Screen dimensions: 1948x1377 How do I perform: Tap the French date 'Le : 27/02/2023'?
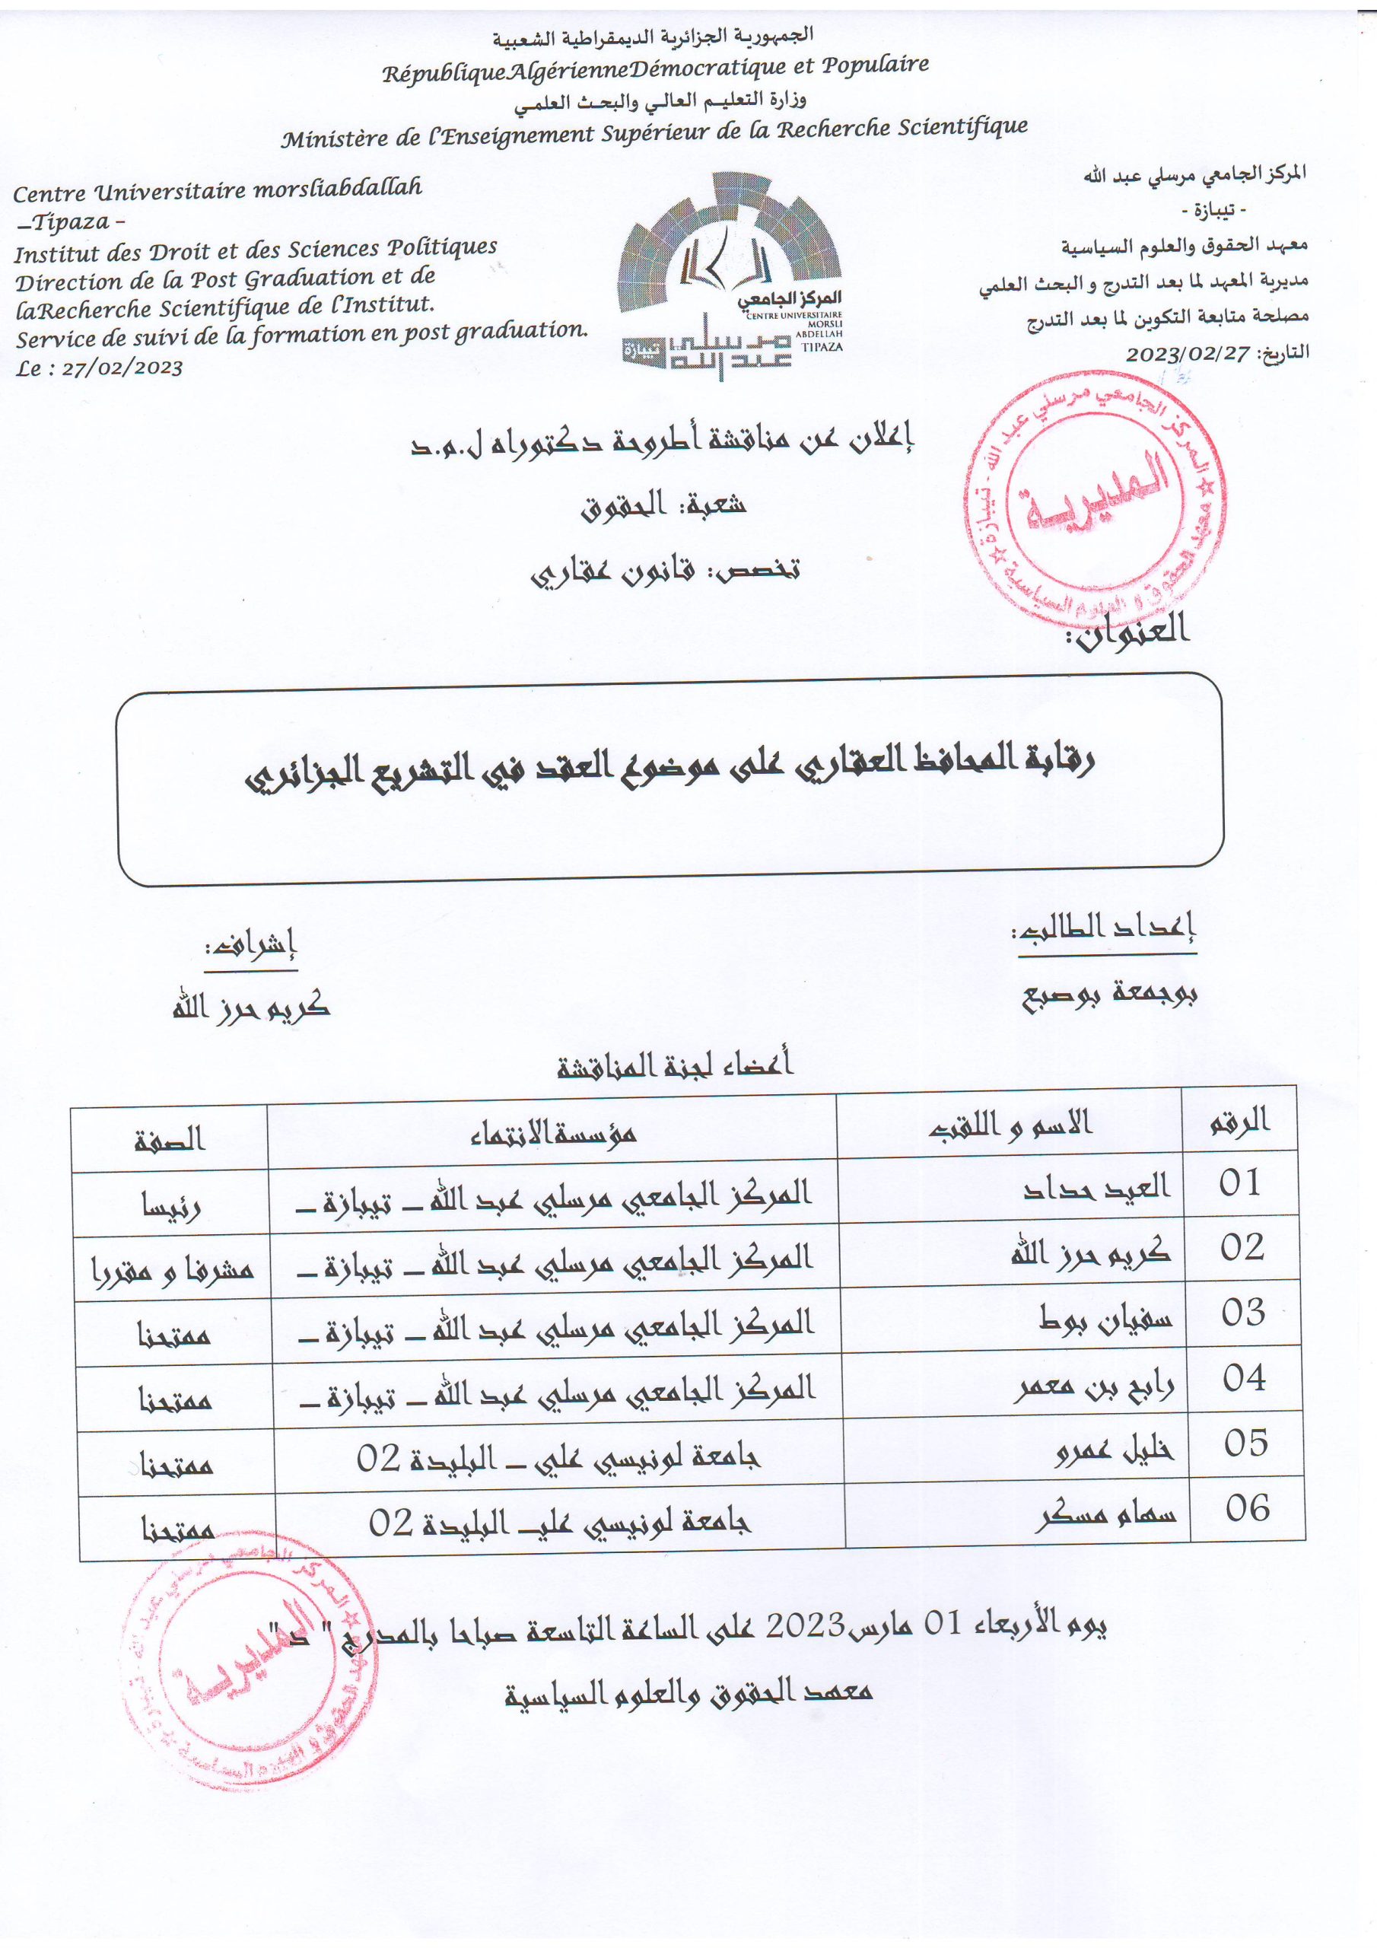99,368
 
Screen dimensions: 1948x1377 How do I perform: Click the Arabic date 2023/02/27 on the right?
1188,354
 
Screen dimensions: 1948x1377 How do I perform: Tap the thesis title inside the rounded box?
669,768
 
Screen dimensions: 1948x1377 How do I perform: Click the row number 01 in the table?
1239,1183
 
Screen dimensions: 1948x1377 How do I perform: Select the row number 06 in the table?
1247,1508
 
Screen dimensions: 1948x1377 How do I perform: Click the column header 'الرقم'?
1239,1122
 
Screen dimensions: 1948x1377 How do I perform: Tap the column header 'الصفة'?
170,1138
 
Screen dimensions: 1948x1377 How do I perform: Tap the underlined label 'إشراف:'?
250,945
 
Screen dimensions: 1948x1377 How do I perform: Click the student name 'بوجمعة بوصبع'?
1109,995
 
